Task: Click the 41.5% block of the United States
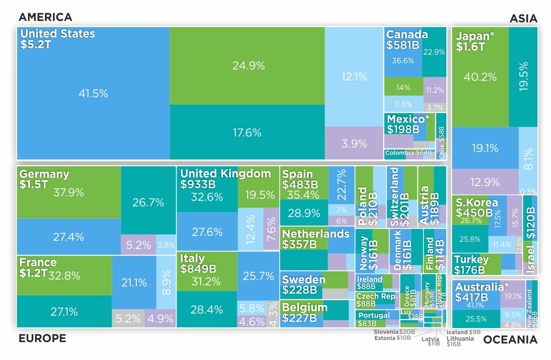[x=93, y=93]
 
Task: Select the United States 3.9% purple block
[x=354, y=143]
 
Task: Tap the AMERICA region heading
[x=45, y=17]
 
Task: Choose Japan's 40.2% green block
[x=480, y=77]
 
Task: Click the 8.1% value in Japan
[x=528, y=159]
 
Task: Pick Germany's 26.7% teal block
[x=148, y=202]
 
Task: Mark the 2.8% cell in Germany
[x=166, y=245]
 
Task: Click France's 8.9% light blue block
[x=166, y=282]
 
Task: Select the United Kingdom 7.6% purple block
[x=271, y=229]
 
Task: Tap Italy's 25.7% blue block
[x=258, y=276]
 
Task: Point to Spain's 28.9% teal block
[x=304, y=213]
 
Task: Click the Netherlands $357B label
[x=315, y=239]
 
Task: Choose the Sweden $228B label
[x=303, y=285]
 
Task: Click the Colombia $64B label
[x=408, y=153]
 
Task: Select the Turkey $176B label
[x=471, y=264]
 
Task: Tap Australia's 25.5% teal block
[x=476, y=319]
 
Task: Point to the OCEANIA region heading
[x=510, y=340]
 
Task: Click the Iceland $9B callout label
[x=463, y=332]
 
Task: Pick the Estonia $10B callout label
[x=392, y=338]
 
